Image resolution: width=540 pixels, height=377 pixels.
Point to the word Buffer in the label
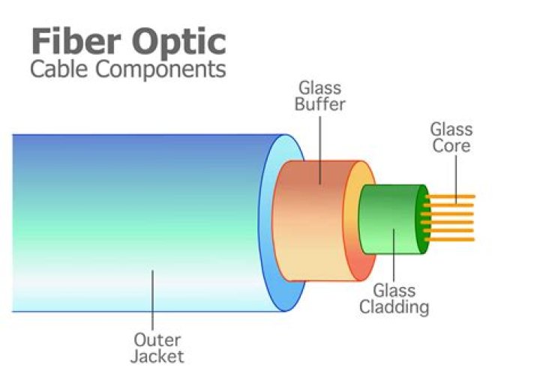pos(319,104)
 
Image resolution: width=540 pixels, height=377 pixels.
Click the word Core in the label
pos(451,145)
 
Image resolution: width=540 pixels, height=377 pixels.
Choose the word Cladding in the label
pos(394,307)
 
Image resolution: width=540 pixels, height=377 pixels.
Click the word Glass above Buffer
pos(319,88)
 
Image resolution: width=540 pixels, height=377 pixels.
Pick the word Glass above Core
pos(451,129)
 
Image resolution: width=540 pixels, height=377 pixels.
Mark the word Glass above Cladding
pos(394,291)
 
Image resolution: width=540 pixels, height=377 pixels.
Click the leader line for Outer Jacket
pos(154,300)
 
